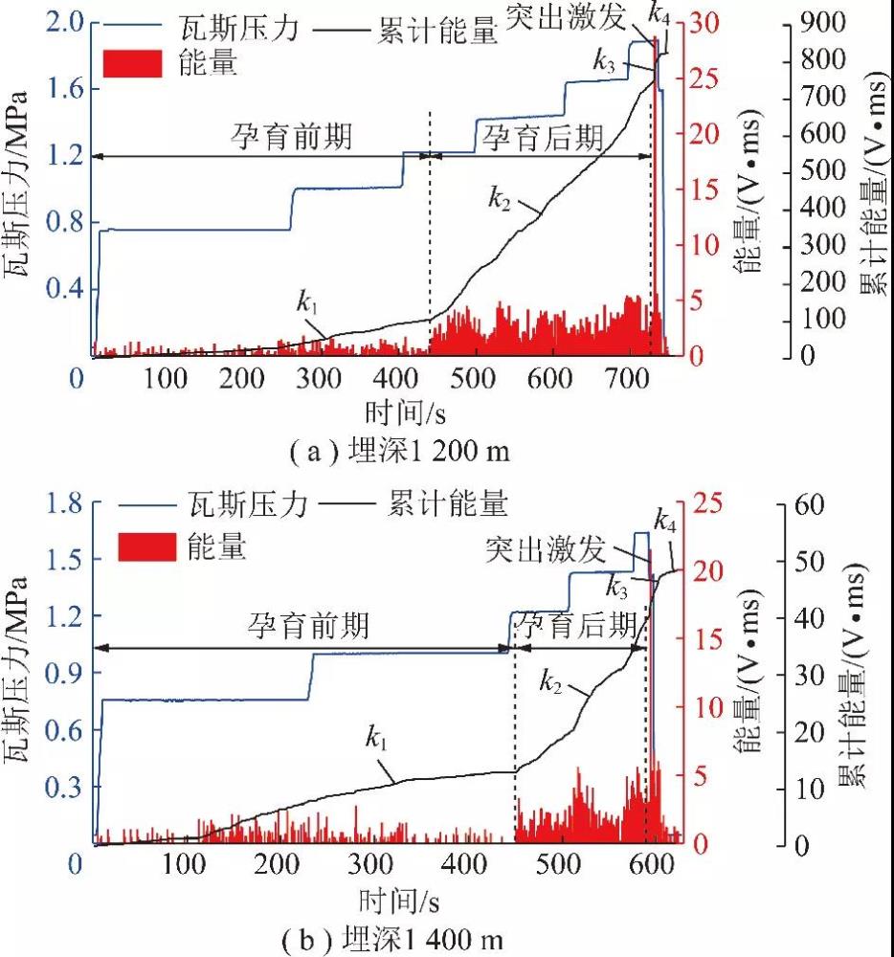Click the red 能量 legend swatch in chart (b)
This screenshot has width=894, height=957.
point(146,546)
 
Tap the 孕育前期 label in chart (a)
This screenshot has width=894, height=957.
point(291,136)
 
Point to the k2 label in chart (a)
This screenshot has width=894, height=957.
point(500,198)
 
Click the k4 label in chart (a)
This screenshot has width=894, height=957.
point(659,13)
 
